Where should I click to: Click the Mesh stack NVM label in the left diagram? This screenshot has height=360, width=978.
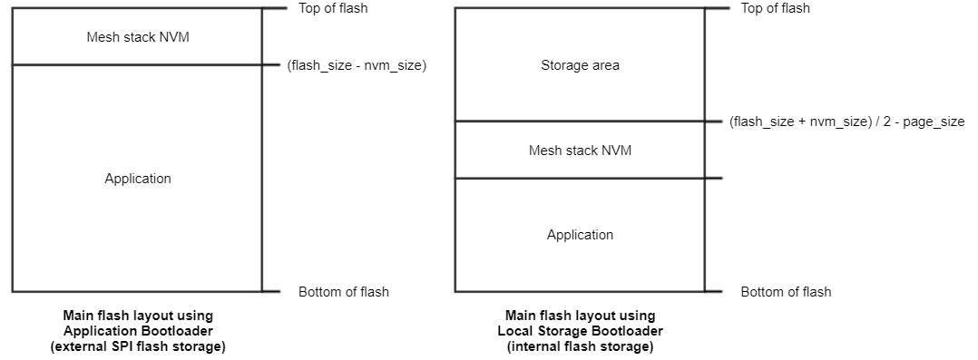[x=137, y=37]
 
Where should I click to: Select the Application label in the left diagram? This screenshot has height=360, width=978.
[x=137, y=179]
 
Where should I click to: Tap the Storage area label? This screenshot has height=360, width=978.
[x=580, y=65]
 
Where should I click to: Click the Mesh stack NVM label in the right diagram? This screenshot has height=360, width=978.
[x=580, y=151]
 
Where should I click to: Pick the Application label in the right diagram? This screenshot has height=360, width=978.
[x=580, y=235]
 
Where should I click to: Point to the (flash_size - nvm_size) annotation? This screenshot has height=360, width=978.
[x=356, y=65]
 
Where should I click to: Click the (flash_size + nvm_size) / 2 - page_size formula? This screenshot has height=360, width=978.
[x=846, y=122]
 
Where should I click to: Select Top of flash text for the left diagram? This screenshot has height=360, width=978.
[x=333, y=8]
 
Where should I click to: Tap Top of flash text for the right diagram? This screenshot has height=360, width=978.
[x=776, y=8]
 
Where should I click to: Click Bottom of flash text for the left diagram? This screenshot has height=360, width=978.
[x=343, y=292]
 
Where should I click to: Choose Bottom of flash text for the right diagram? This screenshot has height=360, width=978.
[x=786, y=292]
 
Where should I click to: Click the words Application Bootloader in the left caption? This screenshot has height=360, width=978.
[x=138, y=331]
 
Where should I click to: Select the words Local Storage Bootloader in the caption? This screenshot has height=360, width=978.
[x=581, y=331]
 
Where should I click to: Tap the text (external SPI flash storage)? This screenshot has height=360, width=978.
[x=138, y=346]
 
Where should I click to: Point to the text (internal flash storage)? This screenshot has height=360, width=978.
[x=581, y=346]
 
